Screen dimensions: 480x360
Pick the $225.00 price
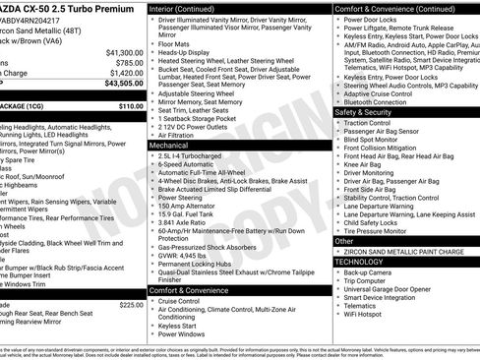point(131,305)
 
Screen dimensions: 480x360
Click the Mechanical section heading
point(169,145)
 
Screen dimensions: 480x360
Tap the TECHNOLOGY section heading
point(360,262)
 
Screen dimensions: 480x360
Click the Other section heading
point(344,240)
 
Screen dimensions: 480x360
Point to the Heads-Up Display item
point(184,52)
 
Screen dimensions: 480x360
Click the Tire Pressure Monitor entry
point(379,231)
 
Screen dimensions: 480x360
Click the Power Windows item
point(182,334)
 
